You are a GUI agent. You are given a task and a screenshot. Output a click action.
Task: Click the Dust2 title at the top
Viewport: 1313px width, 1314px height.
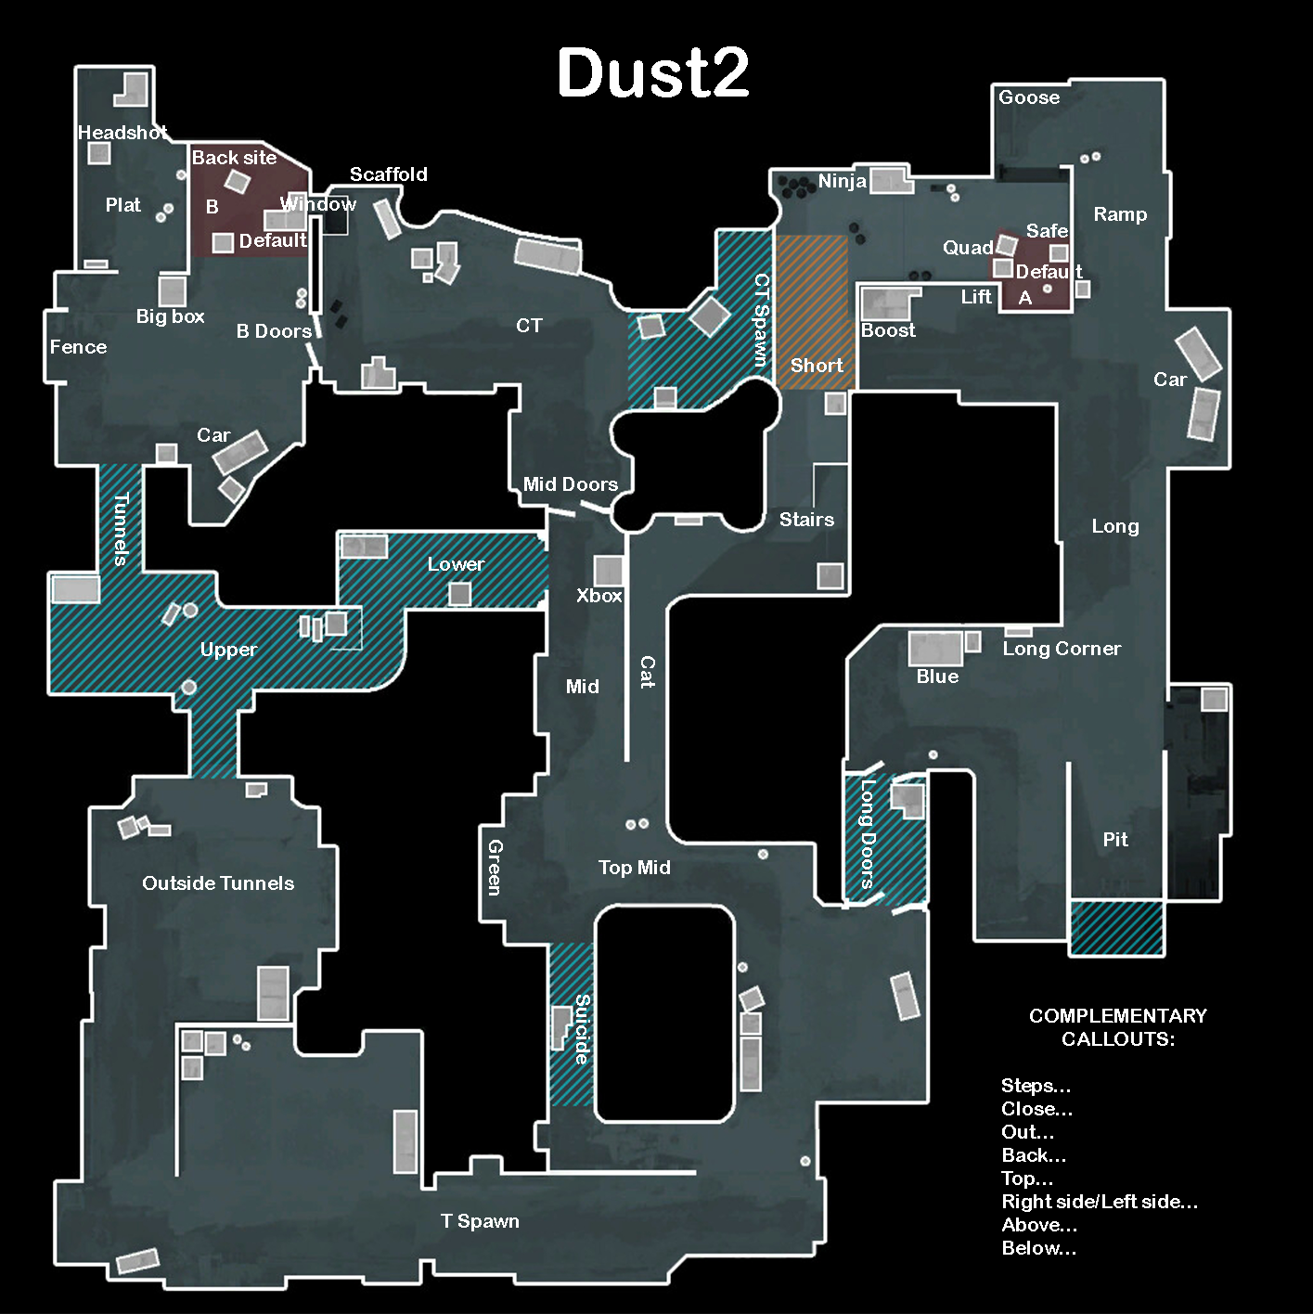pyautogui.click(x=652, y=72)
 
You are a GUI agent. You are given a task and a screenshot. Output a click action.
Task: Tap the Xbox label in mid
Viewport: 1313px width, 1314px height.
pyautogui.click(x=599, y=596)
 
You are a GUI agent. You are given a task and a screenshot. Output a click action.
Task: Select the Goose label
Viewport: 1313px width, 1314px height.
pyautogui.click(x=1028, y=97)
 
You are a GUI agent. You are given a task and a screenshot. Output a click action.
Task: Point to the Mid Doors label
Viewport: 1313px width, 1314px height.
pyautogui.click(x=570, y=484)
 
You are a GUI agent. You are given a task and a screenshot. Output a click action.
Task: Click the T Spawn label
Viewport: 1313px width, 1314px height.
pyautogui.click(x=480, y=1221)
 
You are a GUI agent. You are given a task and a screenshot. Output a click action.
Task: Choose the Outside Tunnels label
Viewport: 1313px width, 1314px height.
pyautogui.click(x=218, y=883)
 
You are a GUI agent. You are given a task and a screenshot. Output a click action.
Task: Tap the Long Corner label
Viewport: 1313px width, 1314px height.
pyautogui.click(x=1062, y=649)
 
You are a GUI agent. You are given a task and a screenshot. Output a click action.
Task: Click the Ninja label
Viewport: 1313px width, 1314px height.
pyautogui.click(x=842, y=181)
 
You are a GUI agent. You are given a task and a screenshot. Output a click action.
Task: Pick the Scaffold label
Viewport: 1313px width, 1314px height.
pyautogui.click(x=388, y=174)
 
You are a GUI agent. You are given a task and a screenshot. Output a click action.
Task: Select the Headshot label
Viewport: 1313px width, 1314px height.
pyautogui.click(x=122, y=133)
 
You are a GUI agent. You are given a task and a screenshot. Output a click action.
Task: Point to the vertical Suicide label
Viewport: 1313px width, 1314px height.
pyautogui.click(x=582, y=1028)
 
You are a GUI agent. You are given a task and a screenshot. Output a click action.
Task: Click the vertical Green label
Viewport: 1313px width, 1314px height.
pyautogui.click(x=496, y=867)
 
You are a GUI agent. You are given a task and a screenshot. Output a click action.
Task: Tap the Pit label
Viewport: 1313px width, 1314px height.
pyautogui.click(x=1115, y=840)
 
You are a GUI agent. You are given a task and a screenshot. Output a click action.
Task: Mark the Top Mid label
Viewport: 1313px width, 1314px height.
pyautogui.click(x=634, y=868)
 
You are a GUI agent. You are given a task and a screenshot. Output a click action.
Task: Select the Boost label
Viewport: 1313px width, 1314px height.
pyautogui.click(x=887, y=330)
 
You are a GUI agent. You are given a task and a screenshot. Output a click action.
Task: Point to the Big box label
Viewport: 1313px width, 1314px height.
pyautogui.click(x=170, y=316)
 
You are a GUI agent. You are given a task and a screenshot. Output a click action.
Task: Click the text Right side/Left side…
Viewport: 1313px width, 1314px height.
pyautogui.click(x=1100, y=1202)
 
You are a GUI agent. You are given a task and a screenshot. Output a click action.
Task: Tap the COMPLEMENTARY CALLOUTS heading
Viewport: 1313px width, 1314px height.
pyautogui.click(x=1117, y=1027)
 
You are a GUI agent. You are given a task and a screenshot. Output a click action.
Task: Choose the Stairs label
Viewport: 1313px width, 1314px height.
pyautogui.click(x=806, y=520)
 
